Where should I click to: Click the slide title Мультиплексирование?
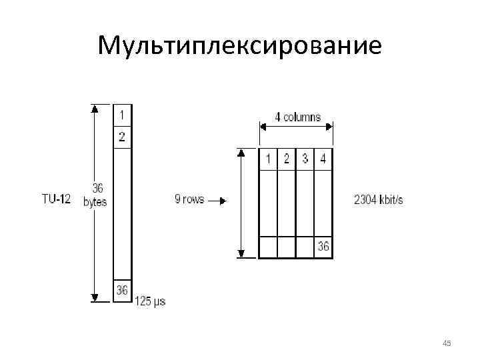click(x=239, y=45)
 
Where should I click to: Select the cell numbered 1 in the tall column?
click(x=122, y=114)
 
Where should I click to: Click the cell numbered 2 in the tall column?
click(x=122, y=137)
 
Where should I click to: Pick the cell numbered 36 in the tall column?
click(x=122, y=290)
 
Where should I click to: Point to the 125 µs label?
click(x=151, y=301)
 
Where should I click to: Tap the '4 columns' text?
click(x=297, y=117)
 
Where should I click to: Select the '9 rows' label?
click(x=189, y=199)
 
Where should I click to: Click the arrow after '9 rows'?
click(x=218, y=199)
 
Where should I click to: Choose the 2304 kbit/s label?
click(x=379, y=199)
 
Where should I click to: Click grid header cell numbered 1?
click(x=267, y=159)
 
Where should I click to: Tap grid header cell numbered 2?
click(x=286, y=159)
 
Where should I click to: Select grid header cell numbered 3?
click(x=305, y=159)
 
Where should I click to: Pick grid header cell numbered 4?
click(x=323, y=159)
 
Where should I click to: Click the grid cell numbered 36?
click(x=323, y=247)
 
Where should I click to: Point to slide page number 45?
click(x=447, y=343)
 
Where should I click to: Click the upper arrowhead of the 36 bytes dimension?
click(x=95, y=107)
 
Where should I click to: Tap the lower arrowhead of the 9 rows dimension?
click(x=242, y=253)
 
